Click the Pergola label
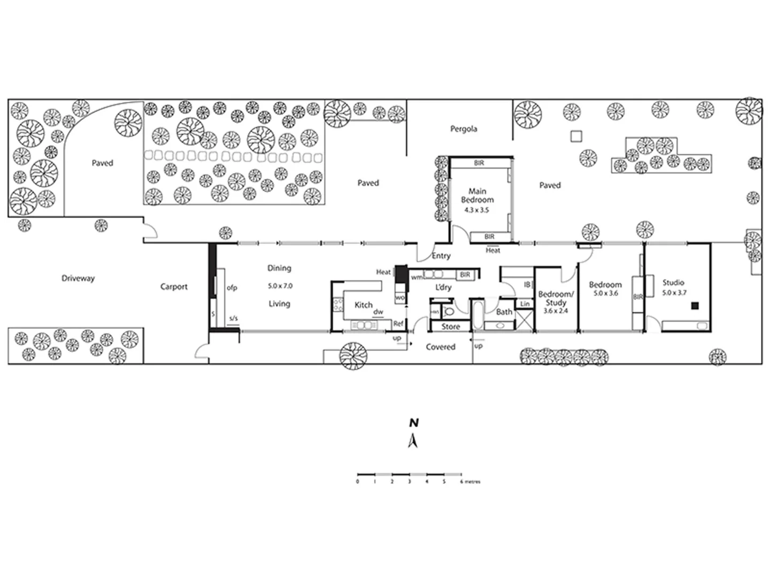coord(463,129)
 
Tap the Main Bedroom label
coord(478,195)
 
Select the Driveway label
coord(78,278)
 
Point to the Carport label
coord(174,287)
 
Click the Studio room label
coord(673,283)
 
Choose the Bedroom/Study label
coord(556,298)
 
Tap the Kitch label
coord(364,305)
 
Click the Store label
coord(451,326)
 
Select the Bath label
coord(504,312)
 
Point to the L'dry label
coord(443,287)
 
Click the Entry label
coord(441,256)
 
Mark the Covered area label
coord(441,347)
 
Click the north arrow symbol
coord(413,441)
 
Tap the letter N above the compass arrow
coord(413,423)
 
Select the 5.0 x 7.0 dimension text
coord(280,286)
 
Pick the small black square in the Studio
coord(695,306)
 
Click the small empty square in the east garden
coord(576,136)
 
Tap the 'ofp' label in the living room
coord(232,288)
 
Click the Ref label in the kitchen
coord(398,324)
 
